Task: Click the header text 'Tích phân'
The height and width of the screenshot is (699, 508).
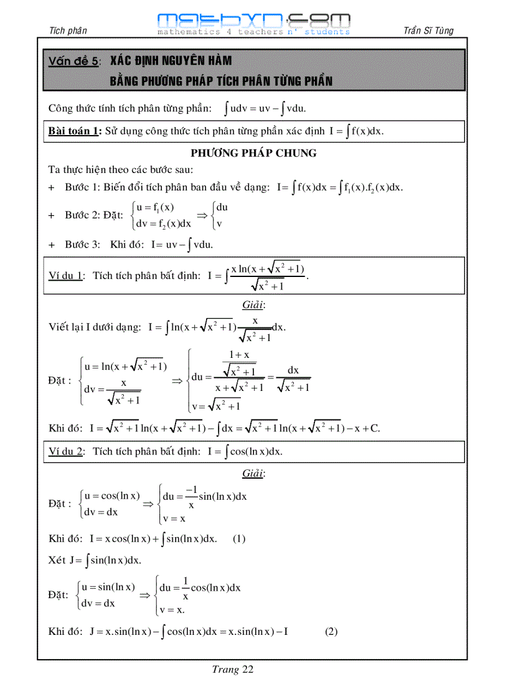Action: (x=67, y=31)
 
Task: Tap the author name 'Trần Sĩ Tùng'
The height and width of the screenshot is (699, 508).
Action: (x=428, y=30)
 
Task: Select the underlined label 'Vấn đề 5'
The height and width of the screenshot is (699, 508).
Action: (x=73, y=61)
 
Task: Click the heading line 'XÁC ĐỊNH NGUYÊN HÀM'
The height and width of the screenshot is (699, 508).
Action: (x=171, y=61)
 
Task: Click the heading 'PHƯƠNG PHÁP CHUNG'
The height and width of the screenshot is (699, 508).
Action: (x=253, y=153)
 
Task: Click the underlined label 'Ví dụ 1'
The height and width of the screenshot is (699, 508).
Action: (x=66, y=276)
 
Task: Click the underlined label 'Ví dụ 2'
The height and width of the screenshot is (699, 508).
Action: (x=66, y=451)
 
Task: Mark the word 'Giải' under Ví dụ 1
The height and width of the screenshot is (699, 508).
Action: (x=253, y=305)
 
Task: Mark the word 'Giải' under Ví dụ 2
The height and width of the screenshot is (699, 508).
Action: (x=253, y=474)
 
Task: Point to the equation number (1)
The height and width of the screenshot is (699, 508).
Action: (x=239, y=539)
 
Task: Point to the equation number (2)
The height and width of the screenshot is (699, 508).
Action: (x=331, y=631)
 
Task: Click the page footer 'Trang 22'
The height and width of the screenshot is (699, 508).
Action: (x=232, y=670)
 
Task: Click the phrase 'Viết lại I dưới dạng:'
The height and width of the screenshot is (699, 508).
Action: (x=95, y=327)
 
